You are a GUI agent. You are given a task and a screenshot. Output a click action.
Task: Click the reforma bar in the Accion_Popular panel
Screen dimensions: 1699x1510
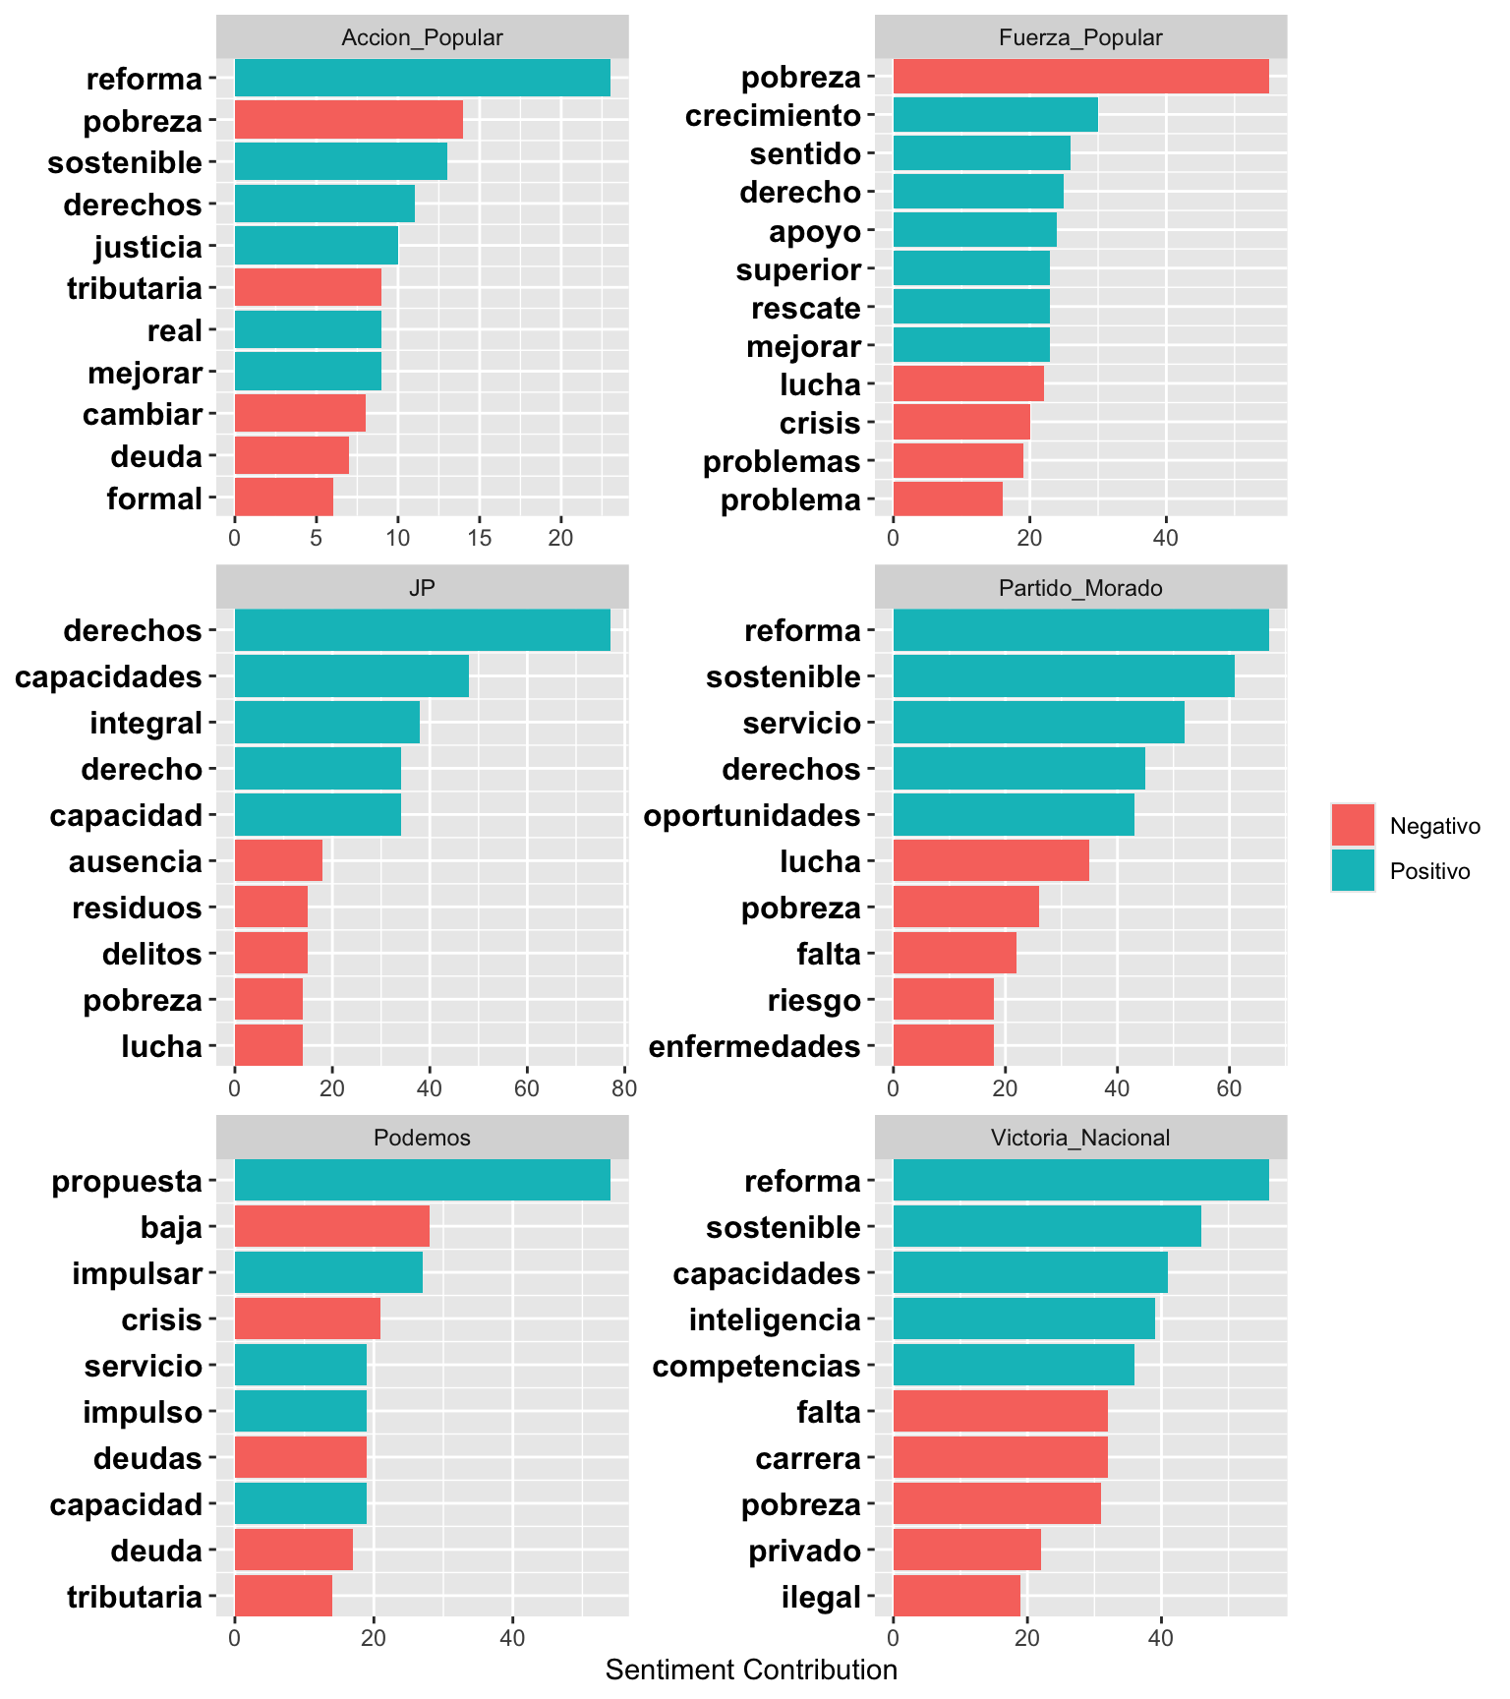pos(423,78)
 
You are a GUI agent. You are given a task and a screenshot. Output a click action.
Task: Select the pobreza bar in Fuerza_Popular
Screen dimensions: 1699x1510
pos(1080,77)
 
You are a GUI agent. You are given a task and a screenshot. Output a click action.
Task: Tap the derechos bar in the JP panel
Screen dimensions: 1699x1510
pos(423,630)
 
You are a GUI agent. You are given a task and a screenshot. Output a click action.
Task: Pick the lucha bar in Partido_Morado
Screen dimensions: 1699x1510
pos(991,861)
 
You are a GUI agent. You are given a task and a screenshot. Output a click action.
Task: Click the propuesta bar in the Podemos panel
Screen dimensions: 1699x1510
pos(423,1180)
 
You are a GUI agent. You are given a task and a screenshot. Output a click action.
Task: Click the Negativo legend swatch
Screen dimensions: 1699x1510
pos(1353,826)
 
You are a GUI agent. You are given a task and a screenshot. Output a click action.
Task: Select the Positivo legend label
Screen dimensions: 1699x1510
pos(1429,871)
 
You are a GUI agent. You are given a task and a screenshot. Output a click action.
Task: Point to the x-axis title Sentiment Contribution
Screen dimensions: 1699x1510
pos(751,1670)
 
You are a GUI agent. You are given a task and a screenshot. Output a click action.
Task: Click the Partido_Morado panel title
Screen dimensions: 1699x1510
pos(1080,588)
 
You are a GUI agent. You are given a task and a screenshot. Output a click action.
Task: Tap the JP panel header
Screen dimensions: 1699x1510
pos(422,588)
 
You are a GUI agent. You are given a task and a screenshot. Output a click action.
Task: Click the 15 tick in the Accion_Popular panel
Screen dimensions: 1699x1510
pos(479,539)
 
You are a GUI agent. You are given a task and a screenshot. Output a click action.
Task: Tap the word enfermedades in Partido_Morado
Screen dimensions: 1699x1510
pos(755,1046)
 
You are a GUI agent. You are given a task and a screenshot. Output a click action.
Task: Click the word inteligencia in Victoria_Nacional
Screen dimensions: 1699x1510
pos(775,1319)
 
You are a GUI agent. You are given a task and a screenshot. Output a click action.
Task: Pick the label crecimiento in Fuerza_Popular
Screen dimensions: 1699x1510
pos(773,116)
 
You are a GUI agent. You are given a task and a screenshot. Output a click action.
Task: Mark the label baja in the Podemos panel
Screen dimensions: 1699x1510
pos(171,1227)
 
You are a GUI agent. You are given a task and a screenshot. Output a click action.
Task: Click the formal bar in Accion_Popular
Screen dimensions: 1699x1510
pos(284,498)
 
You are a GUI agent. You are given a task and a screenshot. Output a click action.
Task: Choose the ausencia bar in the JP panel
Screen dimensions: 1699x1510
pos(278,861)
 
